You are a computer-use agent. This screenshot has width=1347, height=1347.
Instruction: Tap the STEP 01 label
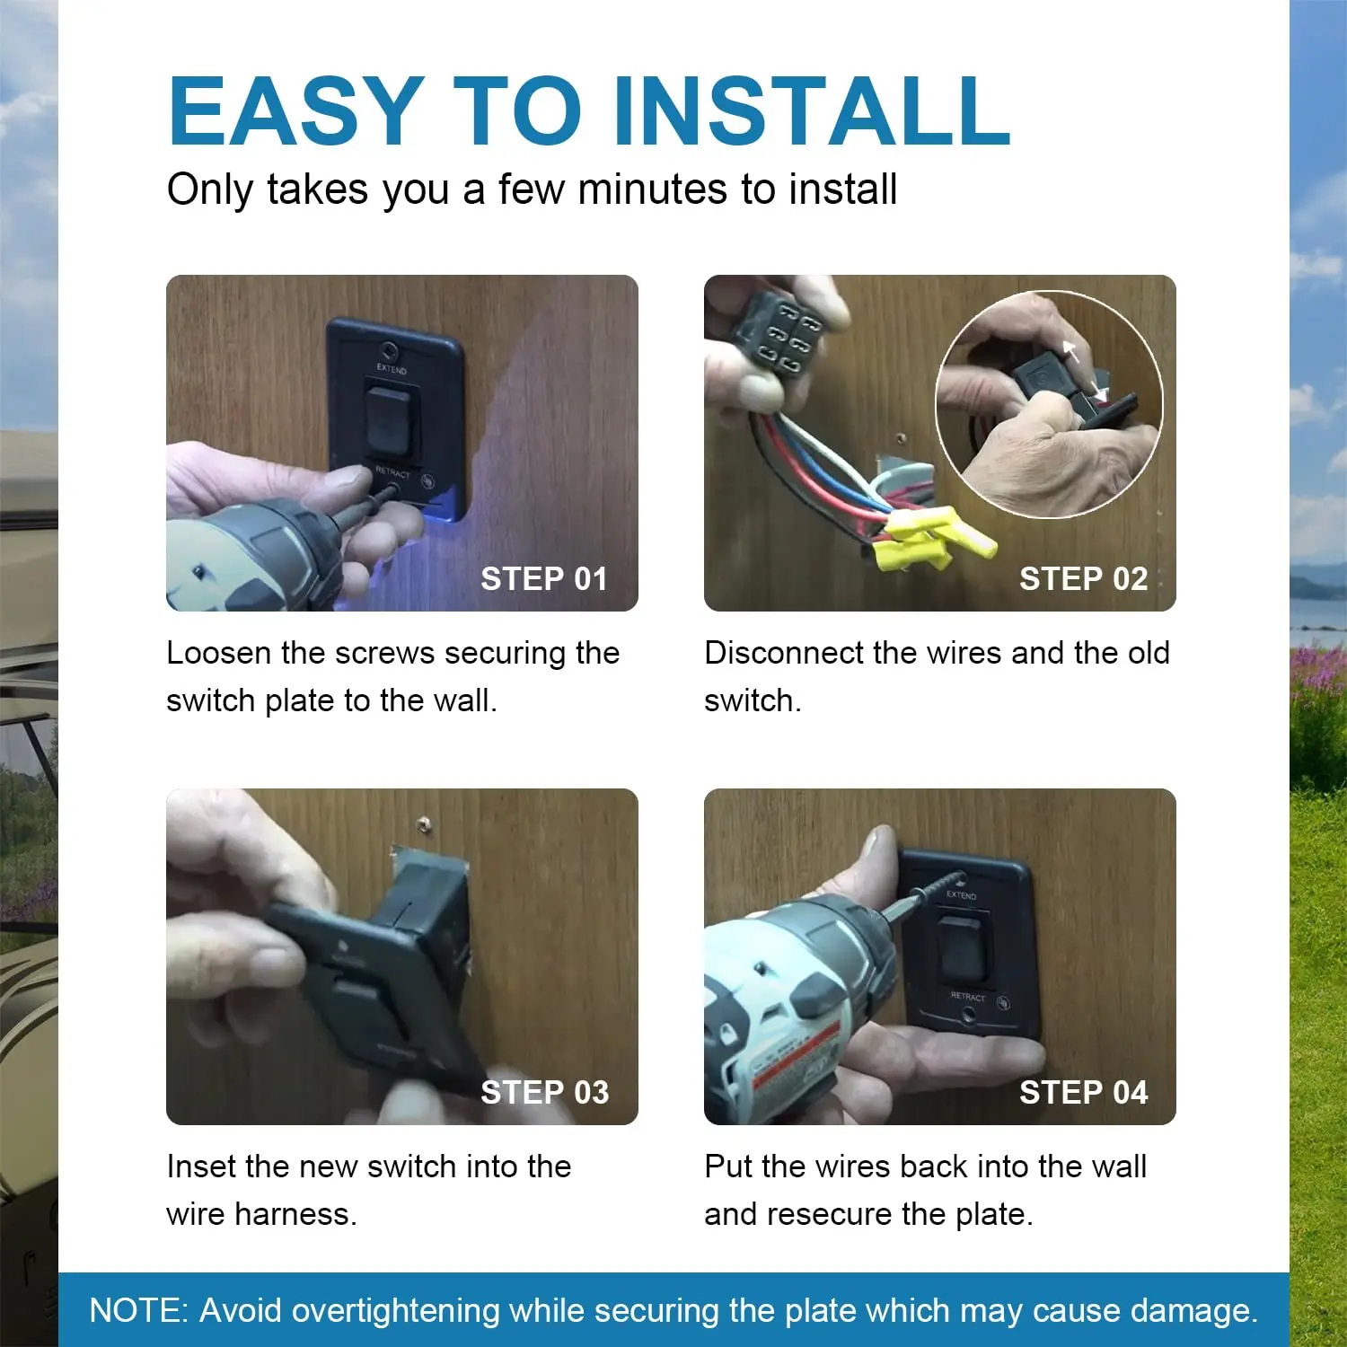544,578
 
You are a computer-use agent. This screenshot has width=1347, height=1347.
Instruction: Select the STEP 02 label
1083,578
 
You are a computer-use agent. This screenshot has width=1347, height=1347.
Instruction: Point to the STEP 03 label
544,1092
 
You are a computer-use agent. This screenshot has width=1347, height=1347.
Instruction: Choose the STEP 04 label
1083,1092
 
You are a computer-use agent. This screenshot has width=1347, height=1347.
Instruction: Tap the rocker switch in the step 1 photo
391,419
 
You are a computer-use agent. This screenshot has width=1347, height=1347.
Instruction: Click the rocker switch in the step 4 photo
961,946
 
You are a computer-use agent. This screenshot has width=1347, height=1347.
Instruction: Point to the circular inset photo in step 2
1049,404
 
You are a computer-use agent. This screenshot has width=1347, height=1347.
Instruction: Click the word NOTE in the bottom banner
138,1310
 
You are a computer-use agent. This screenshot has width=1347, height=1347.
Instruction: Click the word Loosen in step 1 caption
219,653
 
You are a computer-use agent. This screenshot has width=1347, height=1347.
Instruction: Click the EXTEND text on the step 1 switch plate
392,368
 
